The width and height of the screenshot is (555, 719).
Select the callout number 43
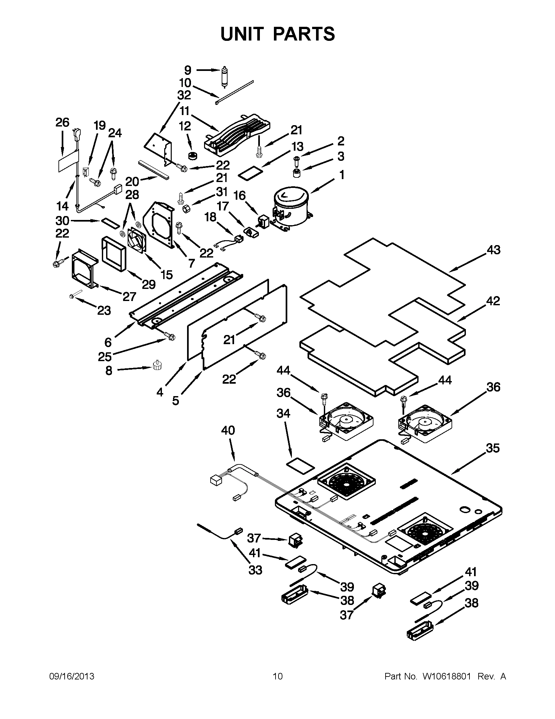(494, 250)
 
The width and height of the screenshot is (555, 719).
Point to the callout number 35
(492, 448)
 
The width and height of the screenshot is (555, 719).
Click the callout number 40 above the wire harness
(228, 430)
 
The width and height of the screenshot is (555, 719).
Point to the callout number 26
(62, 123)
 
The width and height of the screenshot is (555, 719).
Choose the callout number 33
(255, 570)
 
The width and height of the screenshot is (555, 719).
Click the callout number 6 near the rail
(108, 342)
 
